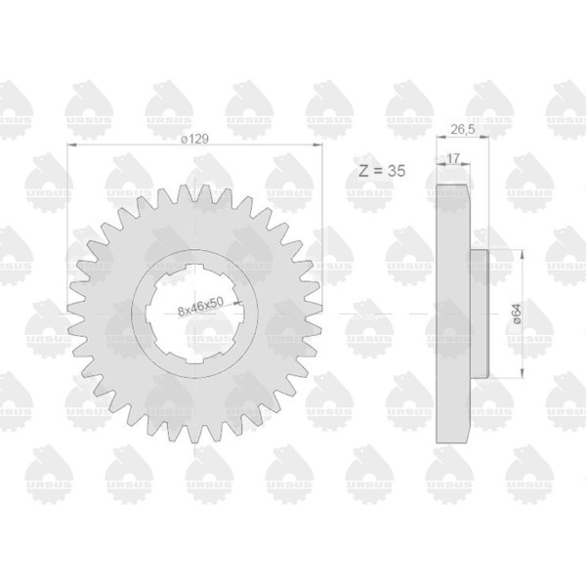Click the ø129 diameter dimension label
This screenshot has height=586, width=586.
(x=194, y=139)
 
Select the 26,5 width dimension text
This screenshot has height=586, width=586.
(x=463, y=129)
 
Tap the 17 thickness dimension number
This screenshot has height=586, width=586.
(x=453, y=158)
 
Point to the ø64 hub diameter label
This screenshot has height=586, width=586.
(x=517, y=314)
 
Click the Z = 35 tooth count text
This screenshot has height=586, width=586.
(x=382, y=171)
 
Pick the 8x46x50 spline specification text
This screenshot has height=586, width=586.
(x=200, y=307)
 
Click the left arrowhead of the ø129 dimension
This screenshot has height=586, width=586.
(x=71, y=145)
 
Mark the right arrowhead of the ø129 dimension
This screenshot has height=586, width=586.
(x=317, y=145)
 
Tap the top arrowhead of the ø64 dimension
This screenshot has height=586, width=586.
(x=523, y=255)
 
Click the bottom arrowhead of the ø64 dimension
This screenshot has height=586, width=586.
(x=523, y=373)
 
